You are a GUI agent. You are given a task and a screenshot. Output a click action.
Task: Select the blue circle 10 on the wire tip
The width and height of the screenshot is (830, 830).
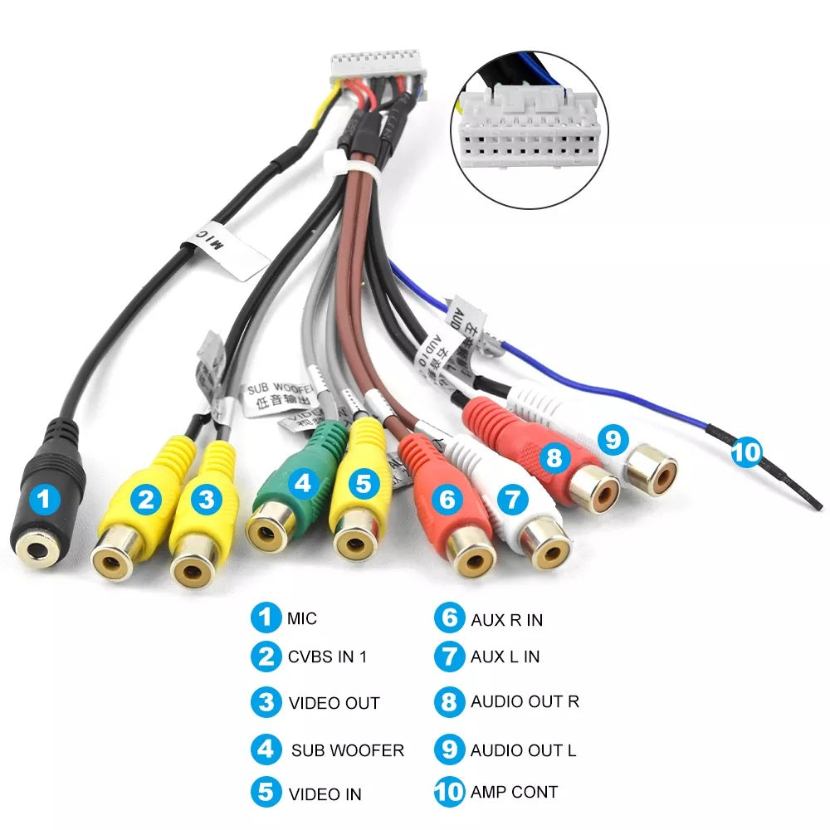tap(745, 452)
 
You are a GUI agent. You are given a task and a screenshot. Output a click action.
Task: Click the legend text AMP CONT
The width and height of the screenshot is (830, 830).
tap(514, 792)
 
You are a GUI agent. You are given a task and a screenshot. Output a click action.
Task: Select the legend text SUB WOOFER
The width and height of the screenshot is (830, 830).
tap(347, 750)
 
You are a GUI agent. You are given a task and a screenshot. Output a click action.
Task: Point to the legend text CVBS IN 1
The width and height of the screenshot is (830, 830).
tap(327, 657)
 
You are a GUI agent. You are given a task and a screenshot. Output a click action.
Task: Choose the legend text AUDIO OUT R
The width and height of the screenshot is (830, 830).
tap(525, 701)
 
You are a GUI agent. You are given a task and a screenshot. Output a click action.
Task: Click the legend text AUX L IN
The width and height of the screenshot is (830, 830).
tap(505, 657)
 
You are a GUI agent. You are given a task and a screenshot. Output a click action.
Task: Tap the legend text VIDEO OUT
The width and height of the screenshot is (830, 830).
tap(334, 703)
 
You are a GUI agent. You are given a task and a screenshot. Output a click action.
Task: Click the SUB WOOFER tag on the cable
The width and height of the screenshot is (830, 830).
tap(275, 394)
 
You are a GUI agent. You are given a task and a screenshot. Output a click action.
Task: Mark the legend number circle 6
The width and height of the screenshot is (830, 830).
tap(448, 618)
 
